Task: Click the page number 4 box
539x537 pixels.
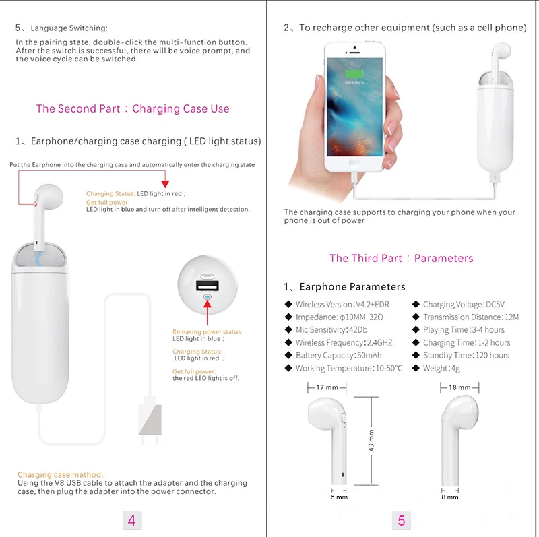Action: [x=131, y=521]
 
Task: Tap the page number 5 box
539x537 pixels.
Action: [x=401, y=521]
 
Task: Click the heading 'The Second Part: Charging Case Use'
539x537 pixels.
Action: [x=133, y=108]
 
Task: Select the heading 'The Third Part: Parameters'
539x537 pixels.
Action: [x=401, y=258]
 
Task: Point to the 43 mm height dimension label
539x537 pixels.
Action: [x=371, y=441]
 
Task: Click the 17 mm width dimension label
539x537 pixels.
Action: [x=327, y=387]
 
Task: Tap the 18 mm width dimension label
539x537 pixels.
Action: [x=459, y=387]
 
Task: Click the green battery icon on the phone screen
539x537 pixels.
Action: [x=354, y=75]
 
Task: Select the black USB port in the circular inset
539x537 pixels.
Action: [x=208, y=286]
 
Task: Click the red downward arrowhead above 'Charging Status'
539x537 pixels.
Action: [x=165, y=183]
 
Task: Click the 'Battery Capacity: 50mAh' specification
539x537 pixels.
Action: [x=339, y=355]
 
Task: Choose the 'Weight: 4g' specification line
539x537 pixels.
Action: [x=441, y=368]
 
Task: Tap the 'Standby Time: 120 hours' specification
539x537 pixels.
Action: [x=466, y=355]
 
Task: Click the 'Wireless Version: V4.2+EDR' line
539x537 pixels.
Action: [x=342, y=305]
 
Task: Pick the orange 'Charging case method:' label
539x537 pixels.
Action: [x=60, y=475]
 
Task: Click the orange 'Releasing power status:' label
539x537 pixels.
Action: [x=208, y=331]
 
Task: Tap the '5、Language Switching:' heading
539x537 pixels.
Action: [x=61, y=28]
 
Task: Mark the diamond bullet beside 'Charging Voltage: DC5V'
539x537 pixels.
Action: [x=416, y=304]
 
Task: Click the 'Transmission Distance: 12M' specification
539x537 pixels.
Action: [x=471, y=317]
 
